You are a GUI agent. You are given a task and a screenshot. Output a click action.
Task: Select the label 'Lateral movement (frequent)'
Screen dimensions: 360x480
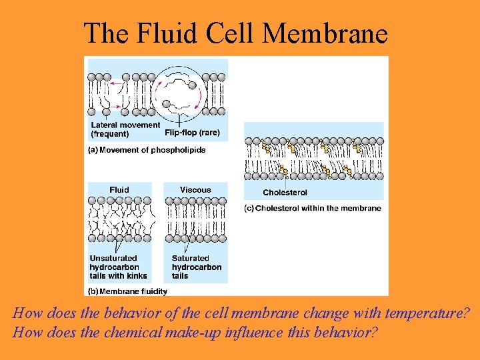click(125, 129)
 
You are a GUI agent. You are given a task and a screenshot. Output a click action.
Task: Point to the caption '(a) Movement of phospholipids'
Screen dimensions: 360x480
click(147, 150)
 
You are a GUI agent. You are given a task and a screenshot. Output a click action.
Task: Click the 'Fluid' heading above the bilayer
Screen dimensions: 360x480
click(119, 190)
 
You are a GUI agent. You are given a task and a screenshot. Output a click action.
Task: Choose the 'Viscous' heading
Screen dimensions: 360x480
click(195, 190)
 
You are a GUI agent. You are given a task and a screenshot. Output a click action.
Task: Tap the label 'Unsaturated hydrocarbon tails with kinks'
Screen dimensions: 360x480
click(118, 267)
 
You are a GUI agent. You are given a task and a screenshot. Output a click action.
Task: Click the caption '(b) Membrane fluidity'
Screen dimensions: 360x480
click(128, 291)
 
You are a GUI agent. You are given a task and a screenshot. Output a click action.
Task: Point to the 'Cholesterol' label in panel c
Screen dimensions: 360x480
click(285, 193)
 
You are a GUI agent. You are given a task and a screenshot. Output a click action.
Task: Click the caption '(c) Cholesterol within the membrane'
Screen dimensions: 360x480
click(313, 208)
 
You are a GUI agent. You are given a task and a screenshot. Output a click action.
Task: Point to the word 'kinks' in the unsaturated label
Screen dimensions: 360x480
click(136, 275)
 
